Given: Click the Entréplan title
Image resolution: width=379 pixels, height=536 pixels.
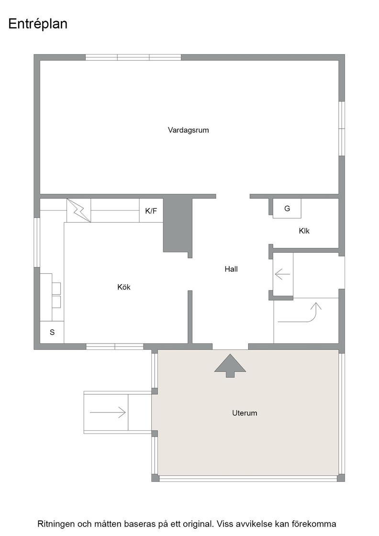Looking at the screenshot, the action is [x=38, y=24].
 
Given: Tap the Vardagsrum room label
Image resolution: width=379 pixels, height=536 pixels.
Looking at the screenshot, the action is [x=189, y=130].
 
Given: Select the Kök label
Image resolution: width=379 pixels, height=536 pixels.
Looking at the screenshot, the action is [x=124, y=287].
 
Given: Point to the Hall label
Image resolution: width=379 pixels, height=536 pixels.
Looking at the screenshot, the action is [x=231, y=269].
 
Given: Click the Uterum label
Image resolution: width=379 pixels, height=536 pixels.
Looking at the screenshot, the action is [x=245, y=413].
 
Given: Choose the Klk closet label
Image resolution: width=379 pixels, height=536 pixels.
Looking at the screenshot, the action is [x=304, y=231].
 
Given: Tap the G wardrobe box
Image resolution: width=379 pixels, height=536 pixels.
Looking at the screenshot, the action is [x=287, y=208].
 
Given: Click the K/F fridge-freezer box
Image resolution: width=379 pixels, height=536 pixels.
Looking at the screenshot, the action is [x=151, y=211].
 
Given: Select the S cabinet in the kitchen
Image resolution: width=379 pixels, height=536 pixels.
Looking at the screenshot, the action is [x=52, y=332].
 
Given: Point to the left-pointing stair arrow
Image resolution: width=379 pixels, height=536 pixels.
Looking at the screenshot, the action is [x=282, y=274].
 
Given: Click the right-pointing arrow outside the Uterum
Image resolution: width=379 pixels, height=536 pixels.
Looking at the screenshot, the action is [x=108, y=412].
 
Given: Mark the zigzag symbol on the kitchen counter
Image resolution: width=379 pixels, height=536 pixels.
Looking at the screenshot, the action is [x=78, y=211].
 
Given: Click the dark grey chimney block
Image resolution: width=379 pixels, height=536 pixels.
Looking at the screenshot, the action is [x=178, y=225].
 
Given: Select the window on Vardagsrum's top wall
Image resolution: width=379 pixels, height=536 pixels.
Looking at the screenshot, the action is [x=134, y=57].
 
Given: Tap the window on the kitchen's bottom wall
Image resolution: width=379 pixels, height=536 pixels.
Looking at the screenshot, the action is [x=114, y=346].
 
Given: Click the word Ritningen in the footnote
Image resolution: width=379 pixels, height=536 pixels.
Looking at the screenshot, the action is [x=56, y=524].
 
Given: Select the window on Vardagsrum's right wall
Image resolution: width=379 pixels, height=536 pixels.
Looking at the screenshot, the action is [x=342, y=129].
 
